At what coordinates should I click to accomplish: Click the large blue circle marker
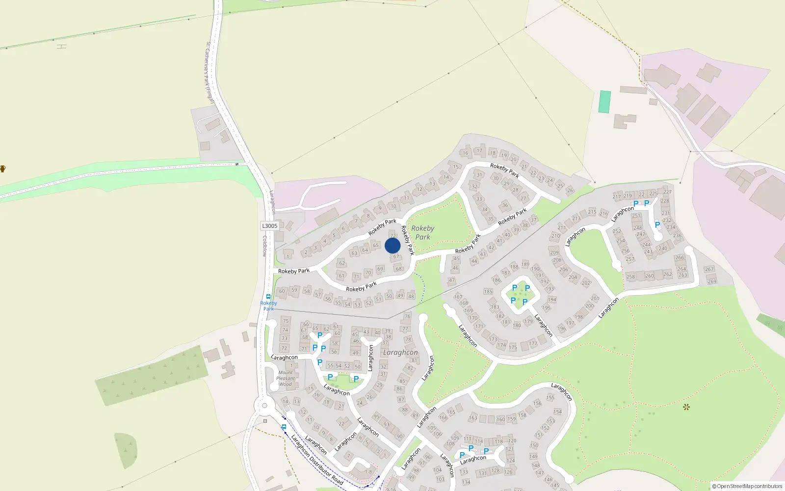(392, 245)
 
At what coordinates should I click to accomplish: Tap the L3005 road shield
(269, 226)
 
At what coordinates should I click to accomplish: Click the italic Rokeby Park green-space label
(422, 232)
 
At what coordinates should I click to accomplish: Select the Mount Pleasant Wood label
(286, 379)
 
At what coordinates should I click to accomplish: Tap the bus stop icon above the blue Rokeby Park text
(268, 297)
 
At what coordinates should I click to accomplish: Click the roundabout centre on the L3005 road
(265, 406)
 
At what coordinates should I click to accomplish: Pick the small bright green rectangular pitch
(605, 102)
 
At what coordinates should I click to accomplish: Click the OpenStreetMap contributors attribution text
(747, 487)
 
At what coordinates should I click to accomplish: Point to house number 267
(709, 269)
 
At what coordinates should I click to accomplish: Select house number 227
(667, 191)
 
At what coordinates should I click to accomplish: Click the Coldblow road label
(264, 246)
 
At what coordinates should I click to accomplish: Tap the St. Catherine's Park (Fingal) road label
(209, 72)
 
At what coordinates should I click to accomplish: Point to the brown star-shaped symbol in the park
(686, 407)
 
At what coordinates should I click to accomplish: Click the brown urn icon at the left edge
(2, 169)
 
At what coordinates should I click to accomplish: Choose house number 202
(586, 283)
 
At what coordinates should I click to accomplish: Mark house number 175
(513, 348)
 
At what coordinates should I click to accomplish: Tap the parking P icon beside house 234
(657, 225)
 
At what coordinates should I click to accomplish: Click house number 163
(473, 418)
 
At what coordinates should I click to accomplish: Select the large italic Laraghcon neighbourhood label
(400, 353)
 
